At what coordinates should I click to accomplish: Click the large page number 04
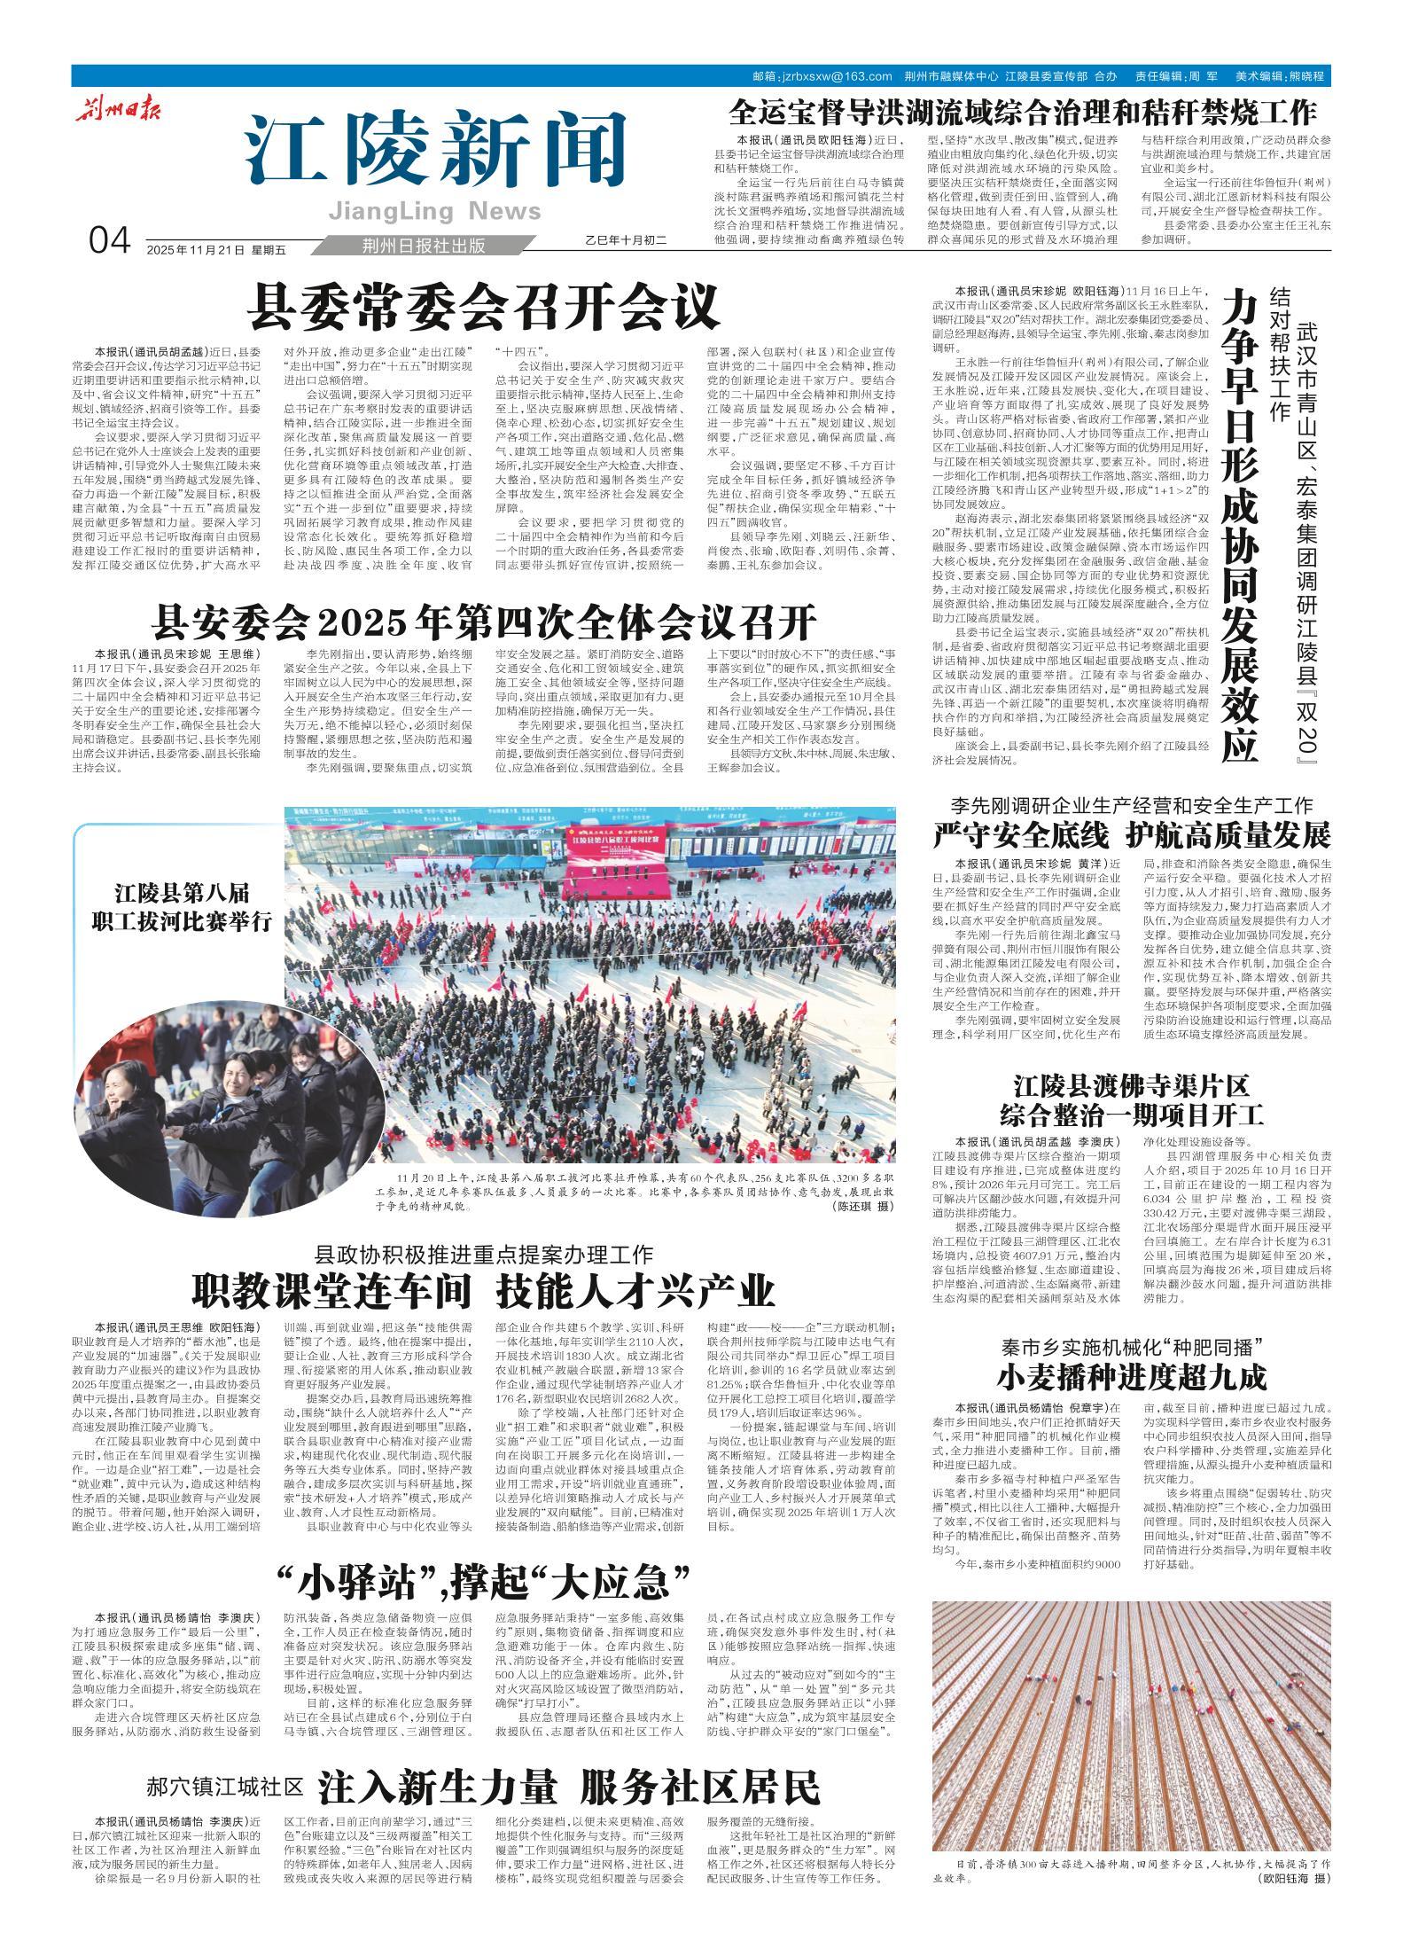109,240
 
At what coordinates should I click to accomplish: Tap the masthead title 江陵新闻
433,152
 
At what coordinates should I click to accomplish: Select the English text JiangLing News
433,211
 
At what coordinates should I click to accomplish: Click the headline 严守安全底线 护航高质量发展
1132,834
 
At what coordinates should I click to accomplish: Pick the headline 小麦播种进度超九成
1132,1376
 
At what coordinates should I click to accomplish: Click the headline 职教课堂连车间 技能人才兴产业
484,1291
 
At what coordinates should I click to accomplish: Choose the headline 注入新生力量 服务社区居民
570,1764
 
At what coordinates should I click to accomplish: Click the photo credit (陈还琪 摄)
863,1207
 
